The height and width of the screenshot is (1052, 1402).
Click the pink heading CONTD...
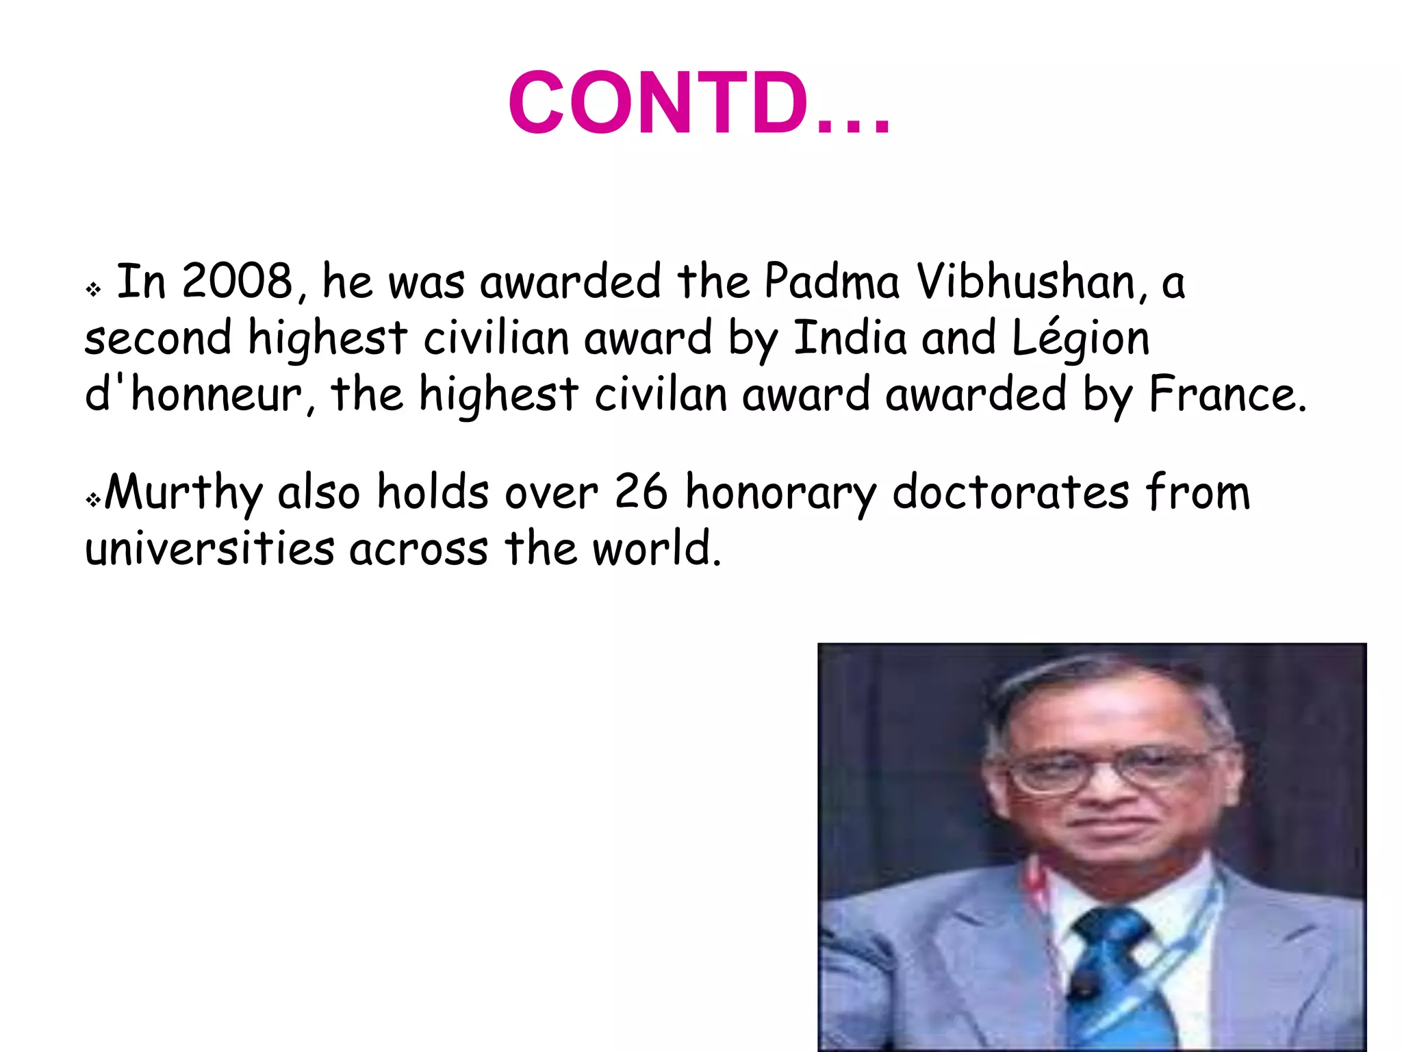pyautogui.click(x=698, y=103)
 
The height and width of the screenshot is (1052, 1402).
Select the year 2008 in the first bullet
pyautogui.click(x=237, y=281)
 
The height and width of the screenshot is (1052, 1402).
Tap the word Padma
pyautogui.click(x=831, y=281)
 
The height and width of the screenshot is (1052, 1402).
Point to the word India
pyautogui.click(x=849, y=338)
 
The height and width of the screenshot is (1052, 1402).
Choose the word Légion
pyautogui.click(x=1080, y=339)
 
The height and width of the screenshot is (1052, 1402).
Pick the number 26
pyautogui.click(x=641, y=492)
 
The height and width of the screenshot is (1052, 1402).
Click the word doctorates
pyautogui.click(x=1010, y=492)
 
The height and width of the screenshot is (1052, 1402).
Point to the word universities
pyautogui.click(x=209, y=549)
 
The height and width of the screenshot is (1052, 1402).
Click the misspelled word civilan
pyautogui.click(x=660, y=394)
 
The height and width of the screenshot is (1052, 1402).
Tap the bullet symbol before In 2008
pyautogui.click(x=94, y=290)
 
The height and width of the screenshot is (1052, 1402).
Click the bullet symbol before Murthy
pyautogui.click(x=93, y=501)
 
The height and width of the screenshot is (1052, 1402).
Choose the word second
pyautogui.click(x=158, y=338)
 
